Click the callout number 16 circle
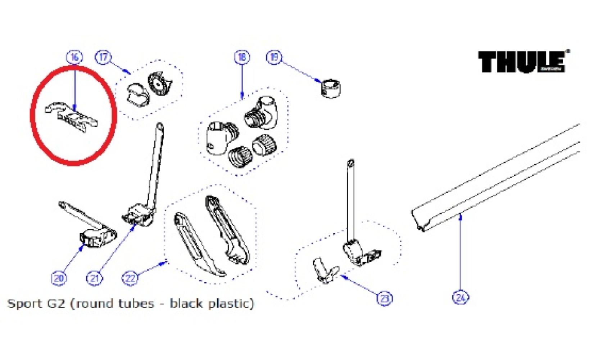pyautogui.click(x=74, y=57)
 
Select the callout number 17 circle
pyautogui.click(x=103, y=57)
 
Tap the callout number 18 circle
pyautogui.click(x=242, y=57)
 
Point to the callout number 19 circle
pyautogui.click(x=274, y=57)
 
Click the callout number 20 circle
pyautogui.click(x=59, y=278)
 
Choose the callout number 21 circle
pyautogui.click(x=94, y=278)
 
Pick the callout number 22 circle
pyautogui.click(x=130, y=278)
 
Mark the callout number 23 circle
pyautogui.click(x=384, y=298)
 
